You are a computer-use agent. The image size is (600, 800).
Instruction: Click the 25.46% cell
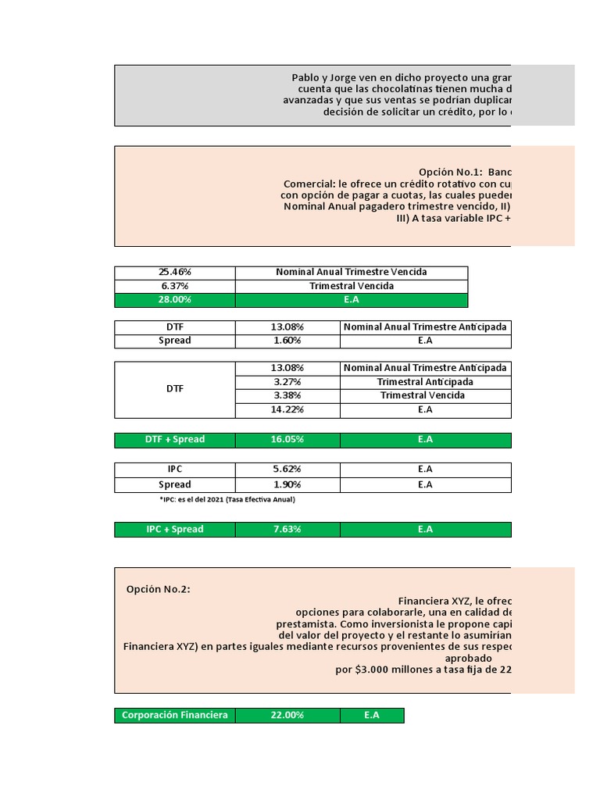175,272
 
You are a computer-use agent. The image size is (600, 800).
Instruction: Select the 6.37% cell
175,286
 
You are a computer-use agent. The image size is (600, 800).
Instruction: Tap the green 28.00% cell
175,300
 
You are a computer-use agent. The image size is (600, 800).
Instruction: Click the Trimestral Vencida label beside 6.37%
351,286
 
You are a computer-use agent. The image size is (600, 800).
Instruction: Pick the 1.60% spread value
287,341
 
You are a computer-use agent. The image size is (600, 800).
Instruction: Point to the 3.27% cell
287,382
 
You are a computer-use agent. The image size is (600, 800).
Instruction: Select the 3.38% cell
287,395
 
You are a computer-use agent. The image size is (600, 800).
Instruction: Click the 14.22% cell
287,409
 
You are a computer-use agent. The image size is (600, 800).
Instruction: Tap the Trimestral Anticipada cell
425,382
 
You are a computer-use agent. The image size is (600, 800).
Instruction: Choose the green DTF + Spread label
175,440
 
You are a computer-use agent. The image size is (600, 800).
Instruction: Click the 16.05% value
287,440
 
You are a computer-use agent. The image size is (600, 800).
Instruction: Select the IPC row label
175,470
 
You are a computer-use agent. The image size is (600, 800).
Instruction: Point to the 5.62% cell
287,470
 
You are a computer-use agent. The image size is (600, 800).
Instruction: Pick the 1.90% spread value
287,484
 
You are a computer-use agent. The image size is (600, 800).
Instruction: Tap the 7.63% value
287,530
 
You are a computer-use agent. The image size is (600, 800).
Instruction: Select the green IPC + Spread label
175,530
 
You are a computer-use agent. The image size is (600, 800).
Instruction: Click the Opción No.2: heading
159,590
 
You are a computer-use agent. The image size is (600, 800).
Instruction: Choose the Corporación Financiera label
175,716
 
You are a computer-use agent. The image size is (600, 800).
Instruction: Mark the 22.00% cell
287,716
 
